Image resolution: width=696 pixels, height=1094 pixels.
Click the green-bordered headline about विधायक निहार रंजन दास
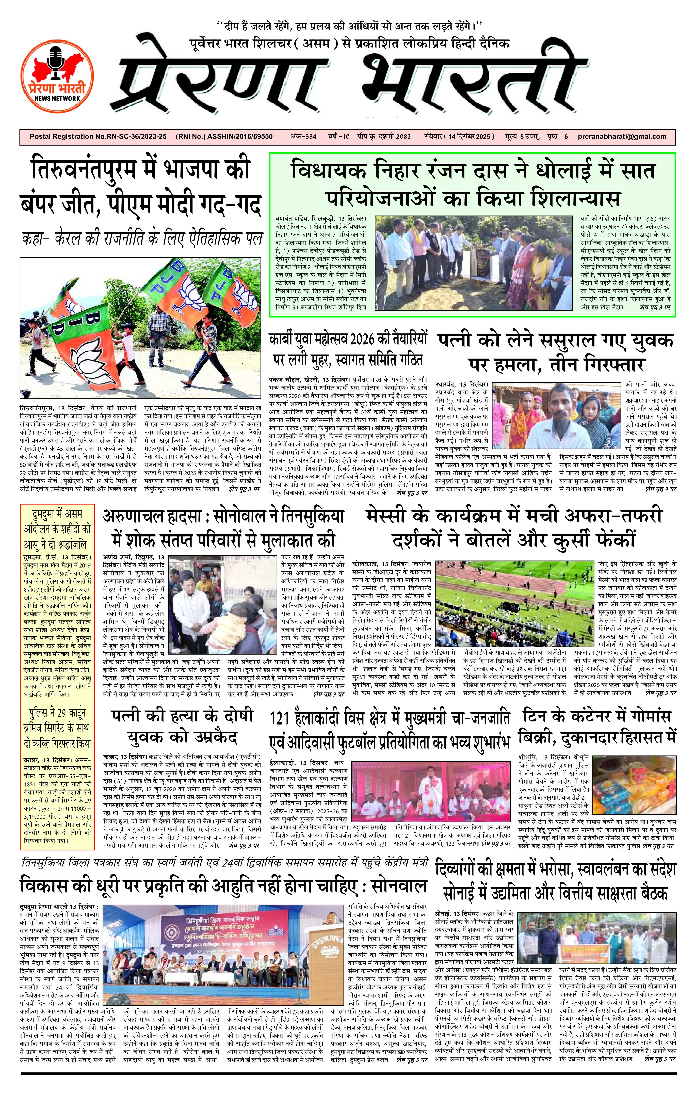[473, 184]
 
